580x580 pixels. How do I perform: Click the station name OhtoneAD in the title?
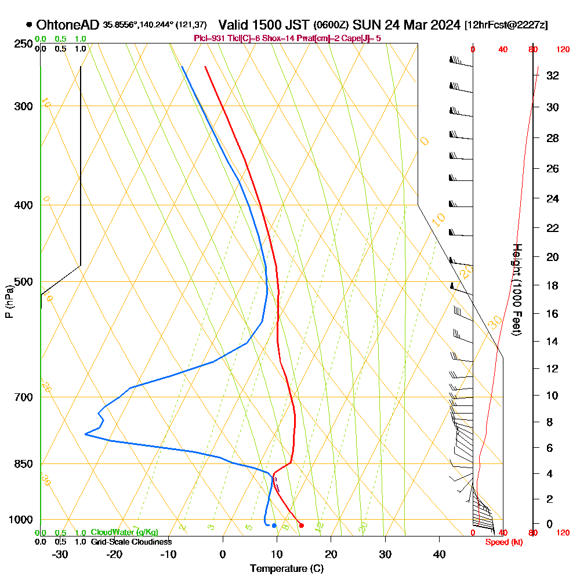tap(68, 25)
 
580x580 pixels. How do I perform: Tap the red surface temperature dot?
tap(301, 525)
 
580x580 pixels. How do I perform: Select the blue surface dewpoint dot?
tap(274, 525)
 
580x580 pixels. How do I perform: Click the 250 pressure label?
tap(24, 43)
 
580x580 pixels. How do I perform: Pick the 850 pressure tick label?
tap(24, 463)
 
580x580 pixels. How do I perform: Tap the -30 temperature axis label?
tap(60, 554)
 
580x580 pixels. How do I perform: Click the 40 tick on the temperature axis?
tap(439, 554)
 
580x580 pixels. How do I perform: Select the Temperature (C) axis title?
tap(287, 568)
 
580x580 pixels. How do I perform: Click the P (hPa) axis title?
tap(9, 302)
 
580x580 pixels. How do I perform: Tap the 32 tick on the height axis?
tap(553, 75)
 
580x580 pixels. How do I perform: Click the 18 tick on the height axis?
tap(553, 285)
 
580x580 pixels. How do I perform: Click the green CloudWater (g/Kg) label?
tap(124, 532)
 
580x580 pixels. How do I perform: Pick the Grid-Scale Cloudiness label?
tap(130, 542)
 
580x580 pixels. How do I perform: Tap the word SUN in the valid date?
tap(365, 25)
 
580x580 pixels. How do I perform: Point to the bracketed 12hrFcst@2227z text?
tap(506, 26)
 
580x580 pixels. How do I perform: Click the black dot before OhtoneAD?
tap(28, 25)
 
